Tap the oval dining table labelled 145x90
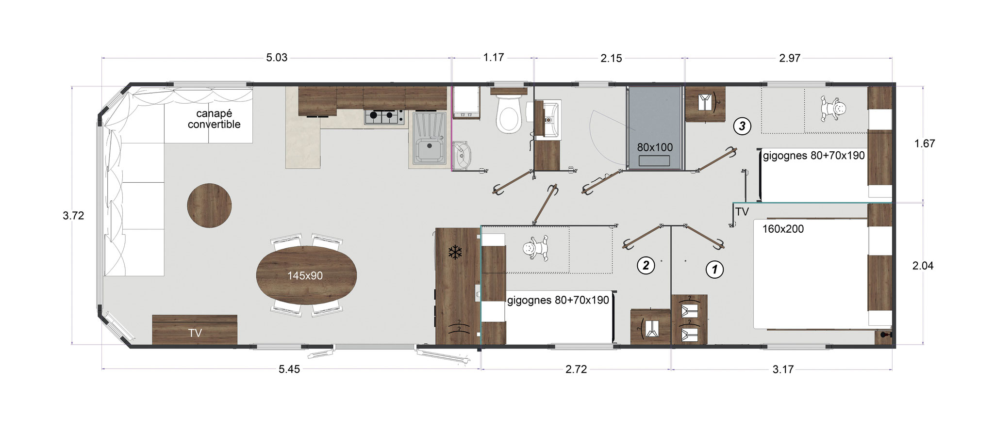point(306,275)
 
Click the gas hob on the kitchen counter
point(384,116)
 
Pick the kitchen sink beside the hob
point(429,139)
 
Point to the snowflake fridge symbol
point(455,252)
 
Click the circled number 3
point(742,126)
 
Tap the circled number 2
point(646,265)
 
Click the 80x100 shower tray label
point(655,147)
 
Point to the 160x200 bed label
point(783,228)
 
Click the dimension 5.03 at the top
point(277,58)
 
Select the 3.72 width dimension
point(73,216)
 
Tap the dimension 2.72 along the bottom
point(576,369)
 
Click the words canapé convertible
point(214,119)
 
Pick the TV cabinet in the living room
point(195,330)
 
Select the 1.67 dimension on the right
point(924,144)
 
